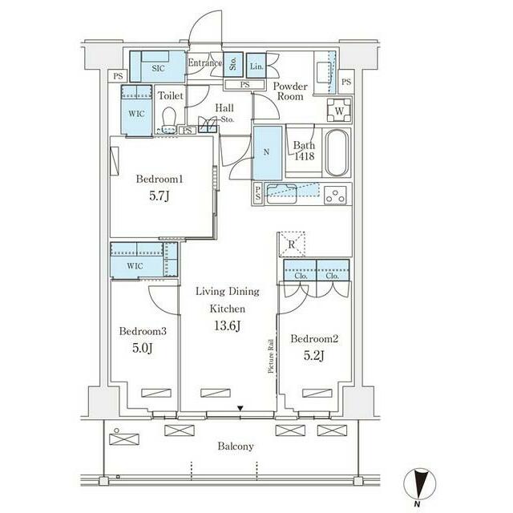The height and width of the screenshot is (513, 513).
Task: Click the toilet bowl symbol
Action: click(169, 120)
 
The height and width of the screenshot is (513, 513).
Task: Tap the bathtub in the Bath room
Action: click(336, 153)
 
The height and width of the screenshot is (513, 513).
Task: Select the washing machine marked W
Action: click(339, 111)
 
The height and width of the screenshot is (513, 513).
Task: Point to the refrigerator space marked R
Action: click(292, 244)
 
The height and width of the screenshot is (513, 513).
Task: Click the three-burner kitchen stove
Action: click(336, 195)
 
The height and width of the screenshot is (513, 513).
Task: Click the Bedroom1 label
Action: click(160, 179)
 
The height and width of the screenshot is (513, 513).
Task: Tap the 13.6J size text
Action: click(228, 326)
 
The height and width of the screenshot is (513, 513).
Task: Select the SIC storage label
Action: click(158, 68)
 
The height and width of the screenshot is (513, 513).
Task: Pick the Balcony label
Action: click(236, 446)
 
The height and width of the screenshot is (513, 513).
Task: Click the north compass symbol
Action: click(420, 485)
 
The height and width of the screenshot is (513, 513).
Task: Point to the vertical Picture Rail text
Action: click(271, 356)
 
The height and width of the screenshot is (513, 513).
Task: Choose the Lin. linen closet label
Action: click(256, 67)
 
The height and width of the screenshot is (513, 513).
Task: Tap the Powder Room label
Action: click(290, 91)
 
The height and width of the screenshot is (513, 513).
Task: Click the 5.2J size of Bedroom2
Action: click(314, 356)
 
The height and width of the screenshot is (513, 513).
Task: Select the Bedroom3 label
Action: click(143, 331)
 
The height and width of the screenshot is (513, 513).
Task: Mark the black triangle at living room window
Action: click(240, 408)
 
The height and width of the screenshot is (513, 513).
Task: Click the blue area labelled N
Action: click(267, 153)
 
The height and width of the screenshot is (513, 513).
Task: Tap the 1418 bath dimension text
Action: click(305, 156)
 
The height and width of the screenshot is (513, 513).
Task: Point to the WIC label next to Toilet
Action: click(136, 114)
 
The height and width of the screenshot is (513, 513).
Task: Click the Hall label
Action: click(224, 108)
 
